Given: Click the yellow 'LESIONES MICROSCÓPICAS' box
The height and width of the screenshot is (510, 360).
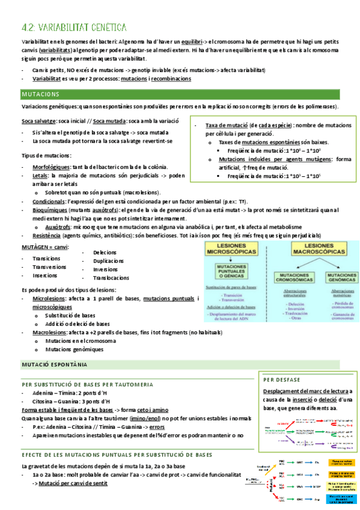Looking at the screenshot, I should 229,250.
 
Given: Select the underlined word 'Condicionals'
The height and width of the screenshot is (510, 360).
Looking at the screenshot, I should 49,201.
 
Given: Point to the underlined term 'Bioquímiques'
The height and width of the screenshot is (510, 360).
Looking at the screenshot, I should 50,210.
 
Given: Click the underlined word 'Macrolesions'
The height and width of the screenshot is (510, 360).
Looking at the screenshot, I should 50,332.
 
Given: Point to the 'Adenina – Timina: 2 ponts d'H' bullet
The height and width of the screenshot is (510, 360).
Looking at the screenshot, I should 71,393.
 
